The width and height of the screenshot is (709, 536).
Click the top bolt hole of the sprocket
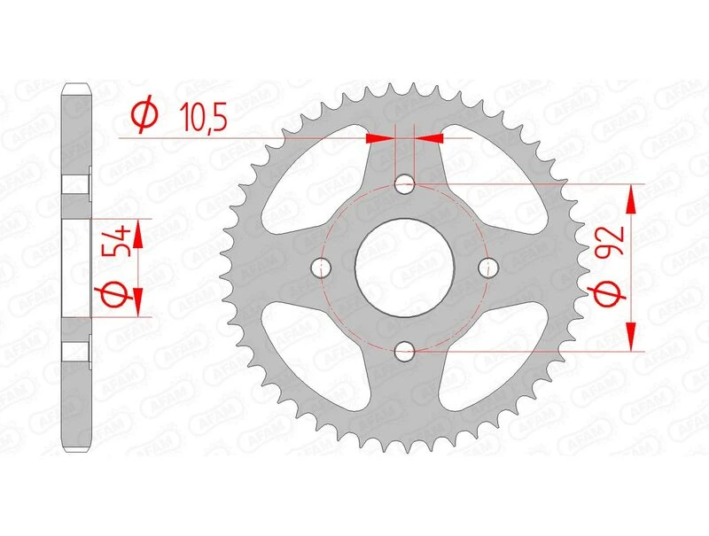tap(406, 185)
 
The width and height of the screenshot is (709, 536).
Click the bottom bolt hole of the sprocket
tap(406, 351)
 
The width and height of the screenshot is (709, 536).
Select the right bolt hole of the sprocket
tap(486, 268)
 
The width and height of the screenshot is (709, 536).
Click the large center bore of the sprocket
tap(404, 268)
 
